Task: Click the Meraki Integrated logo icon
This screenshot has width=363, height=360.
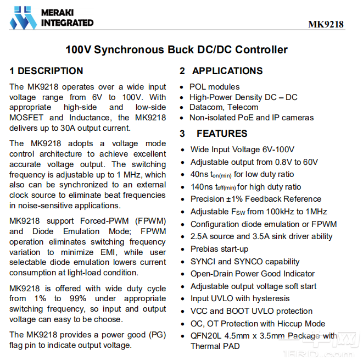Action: (x=23, y=17)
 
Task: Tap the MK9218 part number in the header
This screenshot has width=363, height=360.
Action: (x=326, y=24)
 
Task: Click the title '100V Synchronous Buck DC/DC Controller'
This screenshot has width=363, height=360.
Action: (x=176, y=49)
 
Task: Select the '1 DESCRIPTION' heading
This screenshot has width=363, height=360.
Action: (x=46, y=71)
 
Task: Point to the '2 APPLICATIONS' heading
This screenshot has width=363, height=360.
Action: (x=221, y=71)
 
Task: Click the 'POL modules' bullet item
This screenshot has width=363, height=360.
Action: (x=214, y=87)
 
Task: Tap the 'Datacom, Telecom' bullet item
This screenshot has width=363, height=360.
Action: (x=224, y=107)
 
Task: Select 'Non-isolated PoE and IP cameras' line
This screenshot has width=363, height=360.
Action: (x=252, y=118)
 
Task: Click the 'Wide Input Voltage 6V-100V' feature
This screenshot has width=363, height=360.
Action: (x=242, y=149)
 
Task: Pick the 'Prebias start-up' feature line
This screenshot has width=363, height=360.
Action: (x=219, y=249)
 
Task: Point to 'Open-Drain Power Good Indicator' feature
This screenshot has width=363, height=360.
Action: (x=253, y=274)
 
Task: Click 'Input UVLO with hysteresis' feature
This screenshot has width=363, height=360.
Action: (x=240, y=298)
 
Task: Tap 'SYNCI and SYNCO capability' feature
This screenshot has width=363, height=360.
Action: (x=245, y=262)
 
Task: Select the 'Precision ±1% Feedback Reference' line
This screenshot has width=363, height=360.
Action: (x=256, y=199)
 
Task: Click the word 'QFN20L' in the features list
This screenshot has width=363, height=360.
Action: (x=205, y=336)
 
